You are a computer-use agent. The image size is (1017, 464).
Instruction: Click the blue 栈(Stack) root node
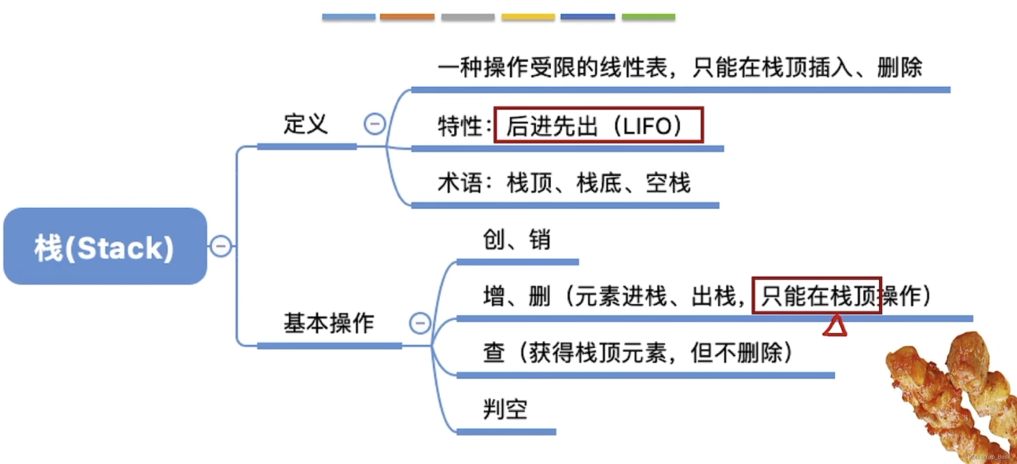pos(105,246)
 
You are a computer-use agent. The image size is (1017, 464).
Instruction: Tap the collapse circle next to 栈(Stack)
pos(221,246)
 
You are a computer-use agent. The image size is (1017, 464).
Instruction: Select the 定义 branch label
pos(306,124)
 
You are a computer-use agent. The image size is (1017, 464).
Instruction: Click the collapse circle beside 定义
pos(374,124)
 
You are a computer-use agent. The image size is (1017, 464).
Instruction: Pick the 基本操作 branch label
pos(329,323)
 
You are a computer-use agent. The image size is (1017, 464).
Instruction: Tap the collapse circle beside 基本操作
pos(420,323)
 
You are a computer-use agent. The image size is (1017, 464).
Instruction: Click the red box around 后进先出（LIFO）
pos(598,125)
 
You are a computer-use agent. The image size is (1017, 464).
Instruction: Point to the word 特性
pos(460,126)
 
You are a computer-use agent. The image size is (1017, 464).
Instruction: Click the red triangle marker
pos(835,327)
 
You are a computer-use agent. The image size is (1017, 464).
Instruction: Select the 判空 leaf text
pos(505,409)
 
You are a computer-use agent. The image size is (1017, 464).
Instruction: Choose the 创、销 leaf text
pos(516,240)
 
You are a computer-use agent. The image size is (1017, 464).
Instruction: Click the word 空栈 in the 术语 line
pos(668,183)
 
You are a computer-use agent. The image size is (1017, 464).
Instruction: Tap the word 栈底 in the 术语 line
pos(599,183)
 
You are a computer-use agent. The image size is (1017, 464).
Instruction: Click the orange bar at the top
pos(407,17)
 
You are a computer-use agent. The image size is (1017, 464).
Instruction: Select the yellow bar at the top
pos(528,17)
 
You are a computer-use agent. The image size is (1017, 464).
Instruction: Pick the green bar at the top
pos(648,17)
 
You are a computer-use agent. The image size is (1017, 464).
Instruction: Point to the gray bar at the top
pos(468,17)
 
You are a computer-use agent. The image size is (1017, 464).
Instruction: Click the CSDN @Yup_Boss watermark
pos(987,457)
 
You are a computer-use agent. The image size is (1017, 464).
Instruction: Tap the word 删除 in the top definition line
pos(899,68)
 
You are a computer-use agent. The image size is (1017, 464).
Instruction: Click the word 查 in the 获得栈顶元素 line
pos(494,353)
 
